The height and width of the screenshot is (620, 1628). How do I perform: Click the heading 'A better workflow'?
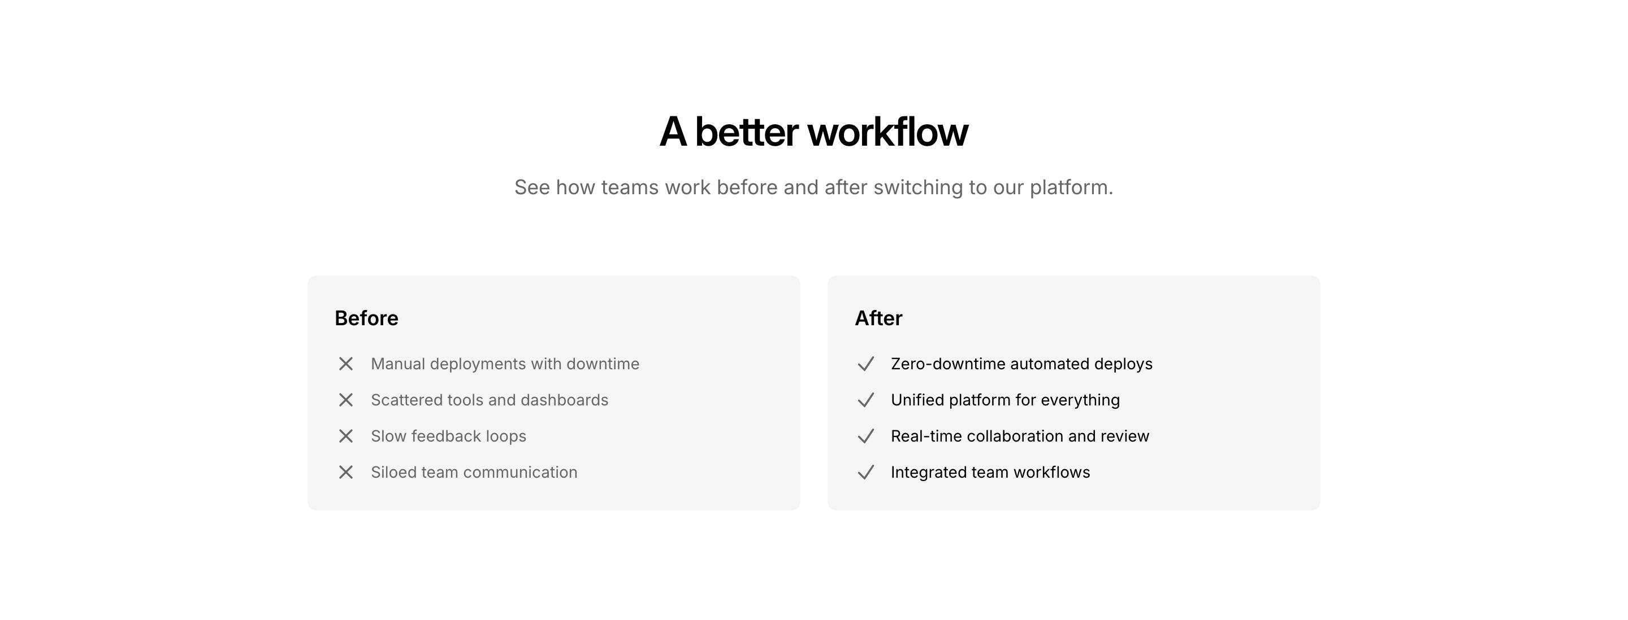[813, 132]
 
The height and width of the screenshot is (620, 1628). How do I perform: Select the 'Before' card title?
[366, 318]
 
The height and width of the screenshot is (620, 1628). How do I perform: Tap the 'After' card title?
[878, 318]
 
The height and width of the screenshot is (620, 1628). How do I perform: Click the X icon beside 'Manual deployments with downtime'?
[346, 364]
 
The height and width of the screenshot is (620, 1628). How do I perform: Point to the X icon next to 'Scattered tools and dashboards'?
[346, 400]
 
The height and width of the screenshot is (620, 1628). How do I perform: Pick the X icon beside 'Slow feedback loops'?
[346, 436]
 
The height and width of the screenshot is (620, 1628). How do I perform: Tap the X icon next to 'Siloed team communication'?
[346, 472]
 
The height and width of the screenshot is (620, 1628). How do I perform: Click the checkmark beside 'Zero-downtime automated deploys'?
[866, 364]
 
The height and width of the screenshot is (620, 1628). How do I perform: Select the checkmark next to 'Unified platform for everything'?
[866, 400]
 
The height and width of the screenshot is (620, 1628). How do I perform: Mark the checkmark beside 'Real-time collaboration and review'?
[866, 436]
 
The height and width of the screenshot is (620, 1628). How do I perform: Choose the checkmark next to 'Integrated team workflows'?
[866, 472]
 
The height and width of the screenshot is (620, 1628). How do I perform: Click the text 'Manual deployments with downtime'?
[505, 364]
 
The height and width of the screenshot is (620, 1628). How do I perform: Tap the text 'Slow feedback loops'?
[449, 436]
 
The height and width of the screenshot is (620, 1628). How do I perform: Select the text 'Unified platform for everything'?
[1006, 400]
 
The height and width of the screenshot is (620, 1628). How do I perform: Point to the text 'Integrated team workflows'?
[990, 472]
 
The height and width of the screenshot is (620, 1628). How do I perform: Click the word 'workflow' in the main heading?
[888, 132]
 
